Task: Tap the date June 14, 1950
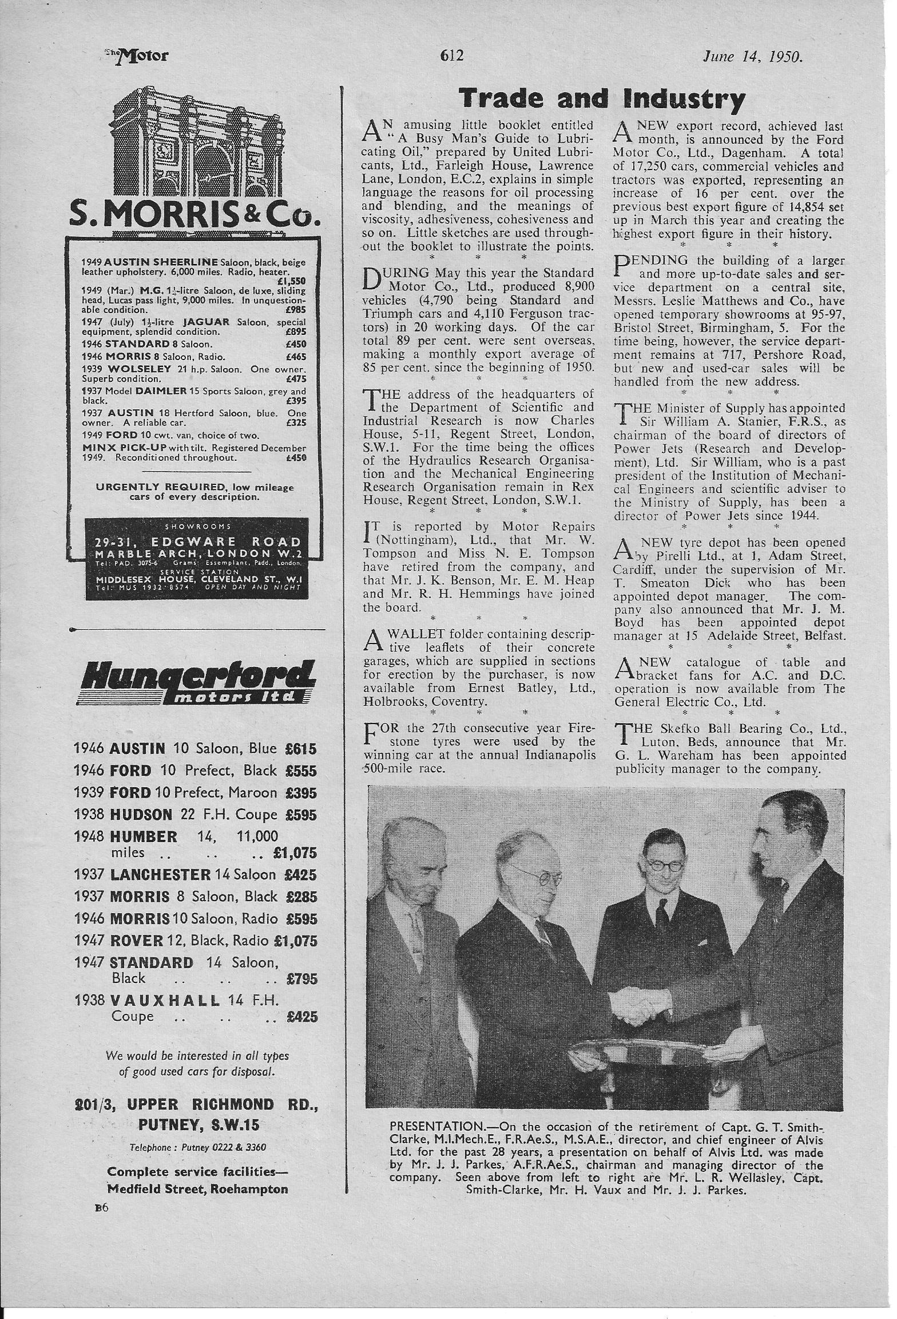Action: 753,56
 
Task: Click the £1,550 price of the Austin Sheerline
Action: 292,281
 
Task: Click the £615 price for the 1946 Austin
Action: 300,749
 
